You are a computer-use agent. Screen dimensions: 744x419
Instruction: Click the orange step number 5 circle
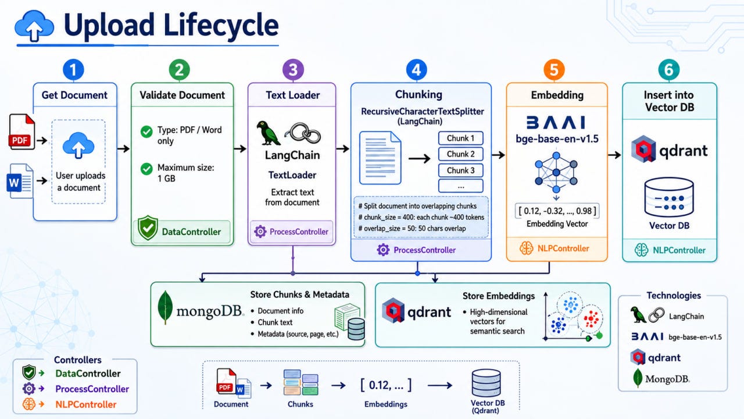554,70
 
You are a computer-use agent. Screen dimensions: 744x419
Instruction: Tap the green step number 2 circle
180,70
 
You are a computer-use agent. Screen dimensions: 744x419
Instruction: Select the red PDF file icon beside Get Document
22,132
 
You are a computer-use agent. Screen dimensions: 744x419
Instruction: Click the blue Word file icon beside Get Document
20,181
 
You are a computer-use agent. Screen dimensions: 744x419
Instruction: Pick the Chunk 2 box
461,154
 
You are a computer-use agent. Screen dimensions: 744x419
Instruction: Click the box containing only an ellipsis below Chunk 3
461,186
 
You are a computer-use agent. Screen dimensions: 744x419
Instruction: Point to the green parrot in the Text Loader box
268,133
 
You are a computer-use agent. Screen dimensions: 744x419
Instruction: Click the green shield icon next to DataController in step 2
148,228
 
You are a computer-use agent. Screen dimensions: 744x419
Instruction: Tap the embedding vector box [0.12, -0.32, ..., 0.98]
557,211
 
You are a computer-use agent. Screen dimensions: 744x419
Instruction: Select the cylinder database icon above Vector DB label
669,197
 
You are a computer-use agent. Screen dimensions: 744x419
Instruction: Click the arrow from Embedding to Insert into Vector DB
614,155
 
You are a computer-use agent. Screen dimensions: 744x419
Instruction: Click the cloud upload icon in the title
34,26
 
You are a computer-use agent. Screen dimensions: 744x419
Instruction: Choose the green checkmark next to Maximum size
146,169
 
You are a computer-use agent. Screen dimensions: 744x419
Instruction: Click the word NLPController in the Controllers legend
85,404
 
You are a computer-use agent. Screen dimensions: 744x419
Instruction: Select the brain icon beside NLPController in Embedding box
527,248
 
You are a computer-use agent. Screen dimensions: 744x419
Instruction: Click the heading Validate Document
182,95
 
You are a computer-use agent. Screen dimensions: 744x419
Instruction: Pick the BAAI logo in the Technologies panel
648,336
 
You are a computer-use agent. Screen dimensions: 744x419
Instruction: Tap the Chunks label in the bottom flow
301,404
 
